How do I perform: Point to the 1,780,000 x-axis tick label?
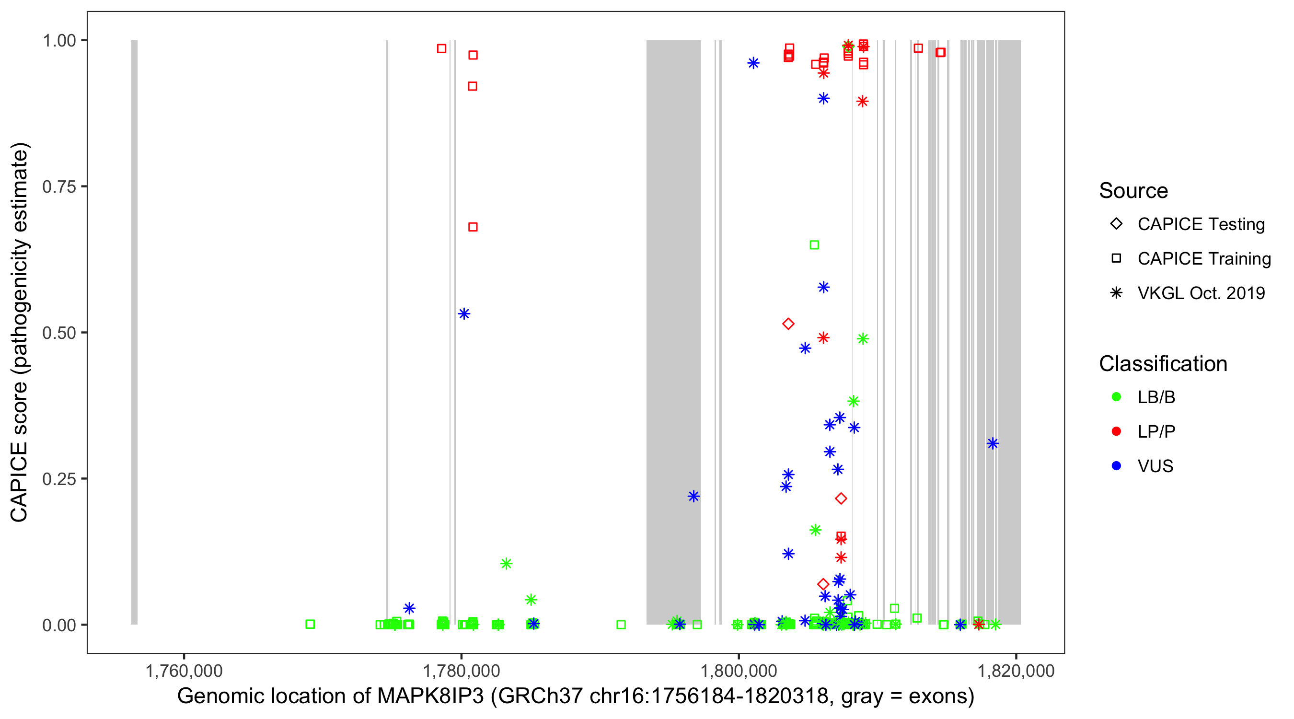461,671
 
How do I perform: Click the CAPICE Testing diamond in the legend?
1116,224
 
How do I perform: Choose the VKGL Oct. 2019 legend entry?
1201,293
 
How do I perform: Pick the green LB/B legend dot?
1116,397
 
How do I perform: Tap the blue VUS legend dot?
1116,466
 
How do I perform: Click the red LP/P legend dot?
1116,431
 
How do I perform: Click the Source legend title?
1133,191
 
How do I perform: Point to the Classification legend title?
1163,364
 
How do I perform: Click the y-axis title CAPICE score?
20,332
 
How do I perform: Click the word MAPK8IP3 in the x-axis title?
430,696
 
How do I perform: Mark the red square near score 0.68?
473,227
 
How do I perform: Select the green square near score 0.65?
814,245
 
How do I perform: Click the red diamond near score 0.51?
788,324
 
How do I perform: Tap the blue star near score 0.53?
464,314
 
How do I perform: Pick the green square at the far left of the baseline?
310,624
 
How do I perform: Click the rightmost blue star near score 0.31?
993,444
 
